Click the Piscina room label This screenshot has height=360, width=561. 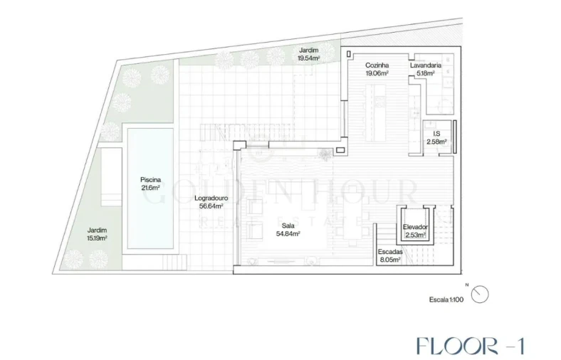[150, 180]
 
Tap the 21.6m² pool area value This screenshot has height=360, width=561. [150, 188]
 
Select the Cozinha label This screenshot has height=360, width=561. [377, 65]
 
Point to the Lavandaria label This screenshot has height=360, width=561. [426, 65]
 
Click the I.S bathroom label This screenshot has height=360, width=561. [436, 134]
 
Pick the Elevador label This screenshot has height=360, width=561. [415, 227]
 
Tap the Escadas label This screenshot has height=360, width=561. [390, 252]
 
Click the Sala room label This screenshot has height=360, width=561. [288, 226]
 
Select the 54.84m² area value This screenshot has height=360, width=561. [288, 234]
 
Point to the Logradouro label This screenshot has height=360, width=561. [211, 198]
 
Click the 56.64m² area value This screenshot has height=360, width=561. [211, 206]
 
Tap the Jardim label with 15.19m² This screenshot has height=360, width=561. [97, 231]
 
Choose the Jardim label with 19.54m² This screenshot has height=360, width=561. [309, 51]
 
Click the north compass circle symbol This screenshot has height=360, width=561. [480, 295]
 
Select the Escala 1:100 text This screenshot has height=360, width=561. [446, 300]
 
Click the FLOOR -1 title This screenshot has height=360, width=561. [471, 346]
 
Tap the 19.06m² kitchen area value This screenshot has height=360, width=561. [377, 73]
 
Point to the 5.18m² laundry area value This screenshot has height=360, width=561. [426, 73]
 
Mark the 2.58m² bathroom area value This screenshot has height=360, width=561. [436, 142]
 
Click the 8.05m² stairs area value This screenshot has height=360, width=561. [390, 260]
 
